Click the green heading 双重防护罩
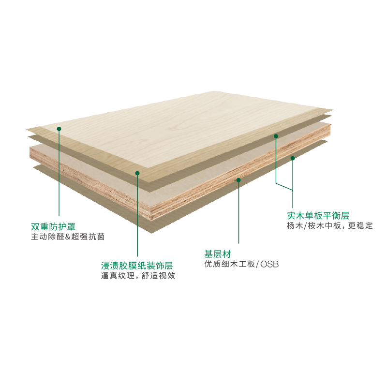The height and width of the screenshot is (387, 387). click(x=53, y=226)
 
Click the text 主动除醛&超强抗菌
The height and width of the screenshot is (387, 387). click(x=68, y=237)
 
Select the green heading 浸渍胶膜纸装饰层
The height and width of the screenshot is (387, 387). click(x=137, y=266)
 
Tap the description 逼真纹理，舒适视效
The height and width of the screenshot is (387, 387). click(x=138, y=276)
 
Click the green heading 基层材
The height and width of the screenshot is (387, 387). click(x=218, y=254)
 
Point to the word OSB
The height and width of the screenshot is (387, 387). click(x=269, y=264)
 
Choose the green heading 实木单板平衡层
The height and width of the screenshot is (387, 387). click(x=318, y=216)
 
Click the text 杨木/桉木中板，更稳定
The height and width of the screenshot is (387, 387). click(x=330, y=225)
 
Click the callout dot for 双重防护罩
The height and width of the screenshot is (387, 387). click(x=59, y=129)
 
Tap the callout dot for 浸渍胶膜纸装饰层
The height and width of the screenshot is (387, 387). click(x=137, y=173)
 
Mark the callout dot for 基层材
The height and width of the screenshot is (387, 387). click(x=238, y=180)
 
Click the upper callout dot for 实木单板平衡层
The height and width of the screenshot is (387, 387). click(x=276, y=136)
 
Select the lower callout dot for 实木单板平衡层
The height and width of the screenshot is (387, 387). click(x=293, y=158)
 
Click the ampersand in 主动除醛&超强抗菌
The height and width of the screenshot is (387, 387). click(x=68, y=237)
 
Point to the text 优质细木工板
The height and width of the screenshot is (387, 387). click(x=230, y=264)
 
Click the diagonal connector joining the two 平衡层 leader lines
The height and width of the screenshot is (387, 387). click(x=284, y=187)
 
